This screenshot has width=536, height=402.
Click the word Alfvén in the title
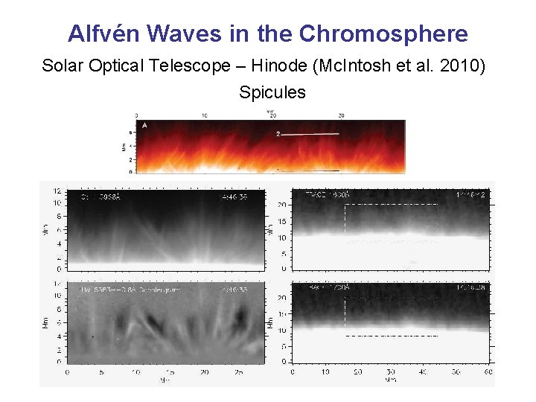tap(104, 33)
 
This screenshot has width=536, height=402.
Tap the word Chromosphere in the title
tap(383, 33)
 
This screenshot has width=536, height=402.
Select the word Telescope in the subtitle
tap(197, 66)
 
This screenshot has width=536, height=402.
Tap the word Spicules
tap(272, 92)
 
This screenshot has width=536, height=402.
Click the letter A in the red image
tap(144, 126)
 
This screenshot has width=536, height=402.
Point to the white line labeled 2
tap(310, 134)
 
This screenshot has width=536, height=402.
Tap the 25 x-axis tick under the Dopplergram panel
tap(238, 371)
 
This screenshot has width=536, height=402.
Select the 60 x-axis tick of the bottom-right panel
tap(488, 371)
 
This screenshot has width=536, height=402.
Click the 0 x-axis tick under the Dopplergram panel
tap(68, 371)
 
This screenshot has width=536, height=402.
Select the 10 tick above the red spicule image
tap(205, 115)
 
